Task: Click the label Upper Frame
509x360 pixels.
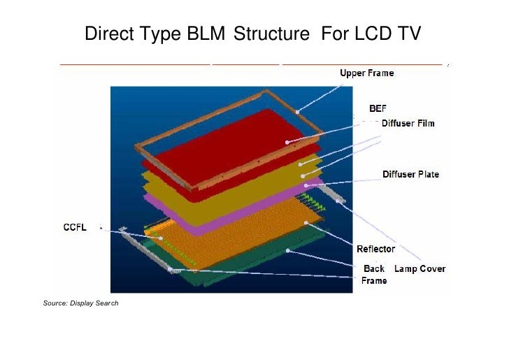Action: point(366,73)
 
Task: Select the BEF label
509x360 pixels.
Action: point(378,109)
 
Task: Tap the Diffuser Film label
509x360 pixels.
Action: point(408,124)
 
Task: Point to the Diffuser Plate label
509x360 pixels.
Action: point(410,174)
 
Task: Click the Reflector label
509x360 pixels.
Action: point(375,249)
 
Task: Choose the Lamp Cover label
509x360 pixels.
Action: point(420,268)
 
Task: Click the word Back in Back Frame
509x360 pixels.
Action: point(374,268)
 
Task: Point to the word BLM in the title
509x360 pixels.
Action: point(208,34)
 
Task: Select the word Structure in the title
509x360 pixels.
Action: point(271,34)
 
